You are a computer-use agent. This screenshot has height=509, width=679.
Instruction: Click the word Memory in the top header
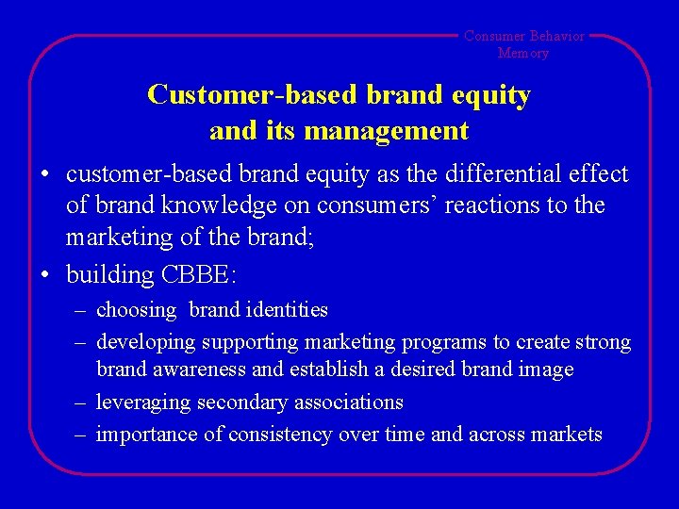pos(523,53)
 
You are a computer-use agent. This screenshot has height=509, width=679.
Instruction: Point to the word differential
pos(501,173)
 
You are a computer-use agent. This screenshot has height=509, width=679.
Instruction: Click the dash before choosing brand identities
pos(82,309)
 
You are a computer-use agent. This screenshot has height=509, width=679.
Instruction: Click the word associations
pos(348,402)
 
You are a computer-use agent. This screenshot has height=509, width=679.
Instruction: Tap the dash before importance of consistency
pos(82,434)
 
